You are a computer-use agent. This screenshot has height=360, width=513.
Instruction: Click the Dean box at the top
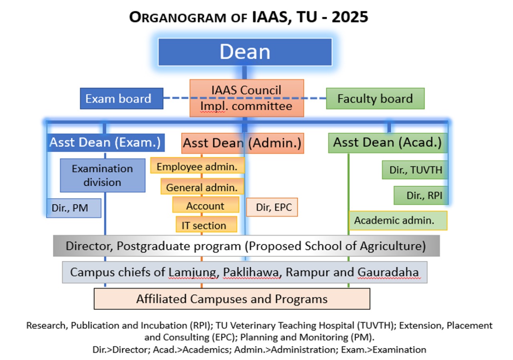[245, 52]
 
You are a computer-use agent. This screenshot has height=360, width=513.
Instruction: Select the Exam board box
[121, 99]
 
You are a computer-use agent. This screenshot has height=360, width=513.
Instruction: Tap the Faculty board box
[375, 99]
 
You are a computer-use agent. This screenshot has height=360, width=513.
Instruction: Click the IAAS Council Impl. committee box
[246, 98]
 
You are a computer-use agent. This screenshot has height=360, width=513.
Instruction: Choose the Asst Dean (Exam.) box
[105, 142]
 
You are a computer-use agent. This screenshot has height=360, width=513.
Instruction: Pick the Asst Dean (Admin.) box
[242, 143]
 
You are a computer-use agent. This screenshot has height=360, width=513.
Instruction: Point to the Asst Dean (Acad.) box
[388, 143]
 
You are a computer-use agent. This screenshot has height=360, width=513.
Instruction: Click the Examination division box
[103, 175]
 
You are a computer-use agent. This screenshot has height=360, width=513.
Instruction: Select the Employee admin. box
[198, 165]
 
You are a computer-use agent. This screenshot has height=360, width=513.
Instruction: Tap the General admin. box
[202, 186]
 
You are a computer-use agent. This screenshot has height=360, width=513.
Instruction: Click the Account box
[206, 205]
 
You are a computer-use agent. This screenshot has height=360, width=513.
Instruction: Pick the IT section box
[206, 224]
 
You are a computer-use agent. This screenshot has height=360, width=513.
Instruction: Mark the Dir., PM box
[74, 208]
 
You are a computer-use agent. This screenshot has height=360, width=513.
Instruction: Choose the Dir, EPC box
[272, 207]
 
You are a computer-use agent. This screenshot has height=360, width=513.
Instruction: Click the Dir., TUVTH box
[415, 170]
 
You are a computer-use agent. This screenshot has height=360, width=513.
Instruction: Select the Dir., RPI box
[421, 195]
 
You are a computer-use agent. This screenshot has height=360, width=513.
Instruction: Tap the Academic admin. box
[398, 220]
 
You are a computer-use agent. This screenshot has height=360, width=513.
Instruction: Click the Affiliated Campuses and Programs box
[232, 299]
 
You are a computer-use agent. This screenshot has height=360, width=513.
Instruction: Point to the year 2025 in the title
[350, 17]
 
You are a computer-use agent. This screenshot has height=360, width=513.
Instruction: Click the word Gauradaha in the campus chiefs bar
[388, 272]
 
